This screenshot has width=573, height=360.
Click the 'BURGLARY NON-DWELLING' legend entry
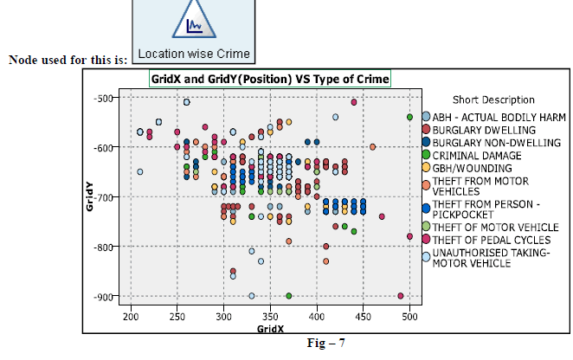pyautogui.click(x=496, y=141)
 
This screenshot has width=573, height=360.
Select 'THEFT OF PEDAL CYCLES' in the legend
pyautogui.click(x=491, y=239)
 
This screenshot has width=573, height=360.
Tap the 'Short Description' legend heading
pyautogui.click(x=493, y=100)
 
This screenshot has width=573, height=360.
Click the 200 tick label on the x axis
pyautogui.click(x=130, y=318)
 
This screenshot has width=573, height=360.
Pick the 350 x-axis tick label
pyautogui.click(x=270, y=318)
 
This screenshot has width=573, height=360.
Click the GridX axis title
pyautogui.click(x=271, y=330)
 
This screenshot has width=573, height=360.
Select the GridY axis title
pyautogui.click(x=90, y=196)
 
